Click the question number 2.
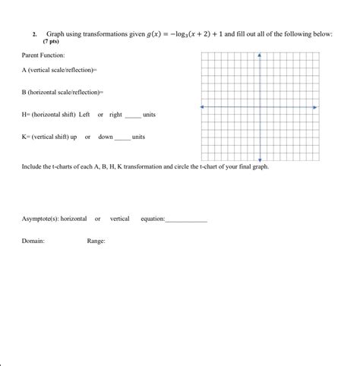click(x=34, y=35)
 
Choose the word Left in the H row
click(x=84, y=114)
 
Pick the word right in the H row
click(x=115, y=114)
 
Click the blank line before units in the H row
click(x=133, y=115)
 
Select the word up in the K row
click(x=74, y=137)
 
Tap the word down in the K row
click(x=106, y=137)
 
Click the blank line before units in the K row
click(x=122, y=138)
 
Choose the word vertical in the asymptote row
click(x=120, y=219)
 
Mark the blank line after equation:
click(x=186, y=220)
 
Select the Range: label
click(x=96, y=241)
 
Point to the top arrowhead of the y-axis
click(x=260, y=55)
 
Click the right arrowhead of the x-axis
click(x=315, y=107)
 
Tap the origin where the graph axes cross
click(x=260, y=107)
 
